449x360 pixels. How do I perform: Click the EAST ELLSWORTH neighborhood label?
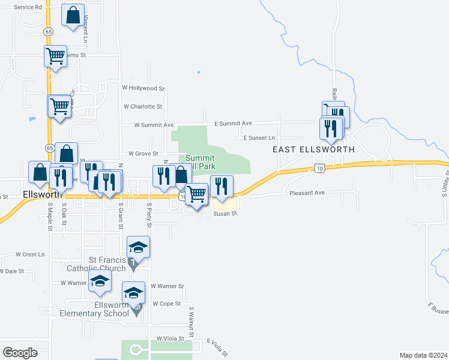[313, 149]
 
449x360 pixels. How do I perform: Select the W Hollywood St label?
[143, 88]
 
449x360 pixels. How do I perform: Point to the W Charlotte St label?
[143, 107]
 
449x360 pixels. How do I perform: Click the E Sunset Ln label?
[259, 138]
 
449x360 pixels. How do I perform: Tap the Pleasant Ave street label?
[307, 193]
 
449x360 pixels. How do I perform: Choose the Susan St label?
[226, 213]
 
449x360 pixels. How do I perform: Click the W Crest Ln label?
[31, 254]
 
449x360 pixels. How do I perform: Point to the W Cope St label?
[166, 304]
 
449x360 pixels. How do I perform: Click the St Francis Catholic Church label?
[108, 264]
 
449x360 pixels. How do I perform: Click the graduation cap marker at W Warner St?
[100, 281]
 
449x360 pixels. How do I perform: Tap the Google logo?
[20, 352]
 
